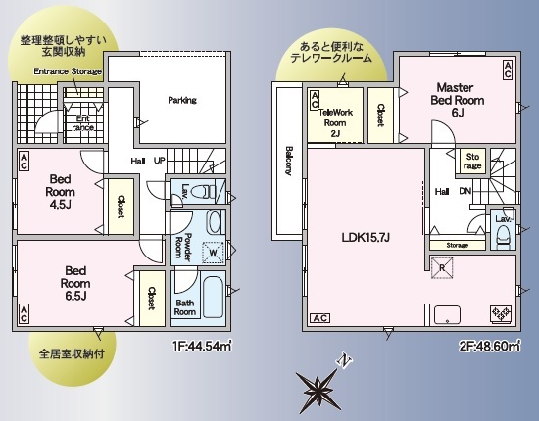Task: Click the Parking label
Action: coord(182,100)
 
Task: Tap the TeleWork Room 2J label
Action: coord(335,122)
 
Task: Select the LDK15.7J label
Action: coord(366,237)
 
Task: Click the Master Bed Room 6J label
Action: coord(458,100)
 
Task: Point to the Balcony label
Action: coord(289,161)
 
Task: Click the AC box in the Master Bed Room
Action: coord(508,70)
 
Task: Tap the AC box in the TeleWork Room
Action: coord(315,100)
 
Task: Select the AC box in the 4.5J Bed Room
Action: coord(24,162)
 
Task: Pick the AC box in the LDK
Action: coord(320,318)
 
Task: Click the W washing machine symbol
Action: coord(213,253)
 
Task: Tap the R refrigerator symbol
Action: coord(442,268)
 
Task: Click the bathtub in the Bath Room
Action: coord(214,297)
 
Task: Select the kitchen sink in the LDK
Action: coord(447,315)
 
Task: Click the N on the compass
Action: coord(345,361)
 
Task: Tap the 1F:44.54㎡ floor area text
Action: coord(203,347)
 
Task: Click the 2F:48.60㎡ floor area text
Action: coord(490,347)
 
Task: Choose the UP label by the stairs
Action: coord(160,161)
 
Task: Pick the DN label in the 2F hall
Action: coord(465,191)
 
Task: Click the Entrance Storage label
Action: coord(68,71)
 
